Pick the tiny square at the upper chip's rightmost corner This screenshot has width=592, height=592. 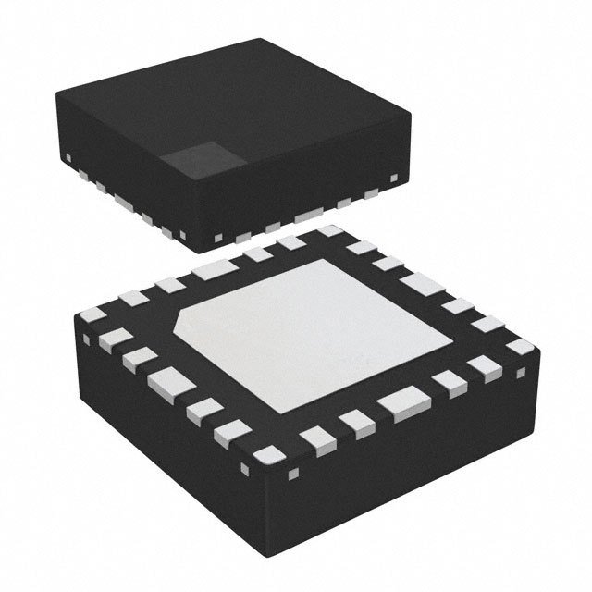[395, 176]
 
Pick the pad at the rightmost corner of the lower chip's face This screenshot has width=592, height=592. [521, 346]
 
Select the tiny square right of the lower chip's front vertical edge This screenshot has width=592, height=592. [294, 475]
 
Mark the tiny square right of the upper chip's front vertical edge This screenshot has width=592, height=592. [218, 238]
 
